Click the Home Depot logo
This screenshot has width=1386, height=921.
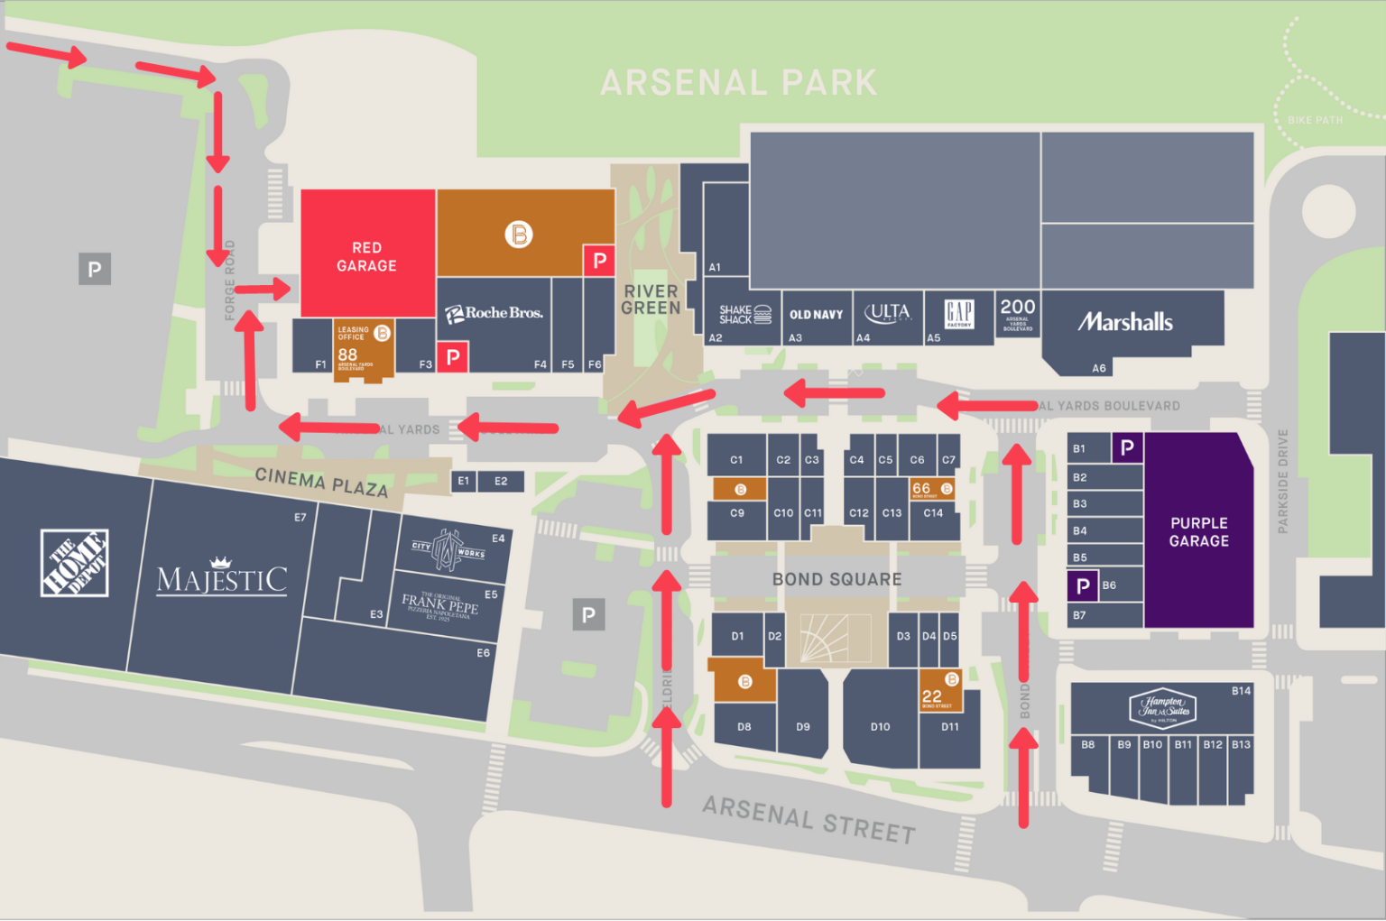pyautogui.click(x=75, y=563)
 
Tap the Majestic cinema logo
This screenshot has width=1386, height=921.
pyautogui.click(x=222, y=577)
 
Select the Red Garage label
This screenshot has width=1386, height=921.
pyautogui.click(x=366, y=256)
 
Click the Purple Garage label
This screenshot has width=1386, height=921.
pyautogui.click(x=1198, y=531)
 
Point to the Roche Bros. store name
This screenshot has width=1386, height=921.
pyautogui.click(x=494, y=313)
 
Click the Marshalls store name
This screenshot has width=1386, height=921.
pyautogui.click(x=1125, y=322)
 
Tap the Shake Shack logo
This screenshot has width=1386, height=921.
pyautogui.click(x=744, y=314)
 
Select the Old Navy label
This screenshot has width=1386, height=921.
pyautogui.click(x=816, y=315)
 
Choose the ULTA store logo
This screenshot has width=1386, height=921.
pyautogui.click(x=887, y=312)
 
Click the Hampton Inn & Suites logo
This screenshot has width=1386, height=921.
pyautogui.click(x=1163, y=707)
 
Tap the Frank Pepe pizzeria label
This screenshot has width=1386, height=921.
pyautogui.click(x=439, y=604)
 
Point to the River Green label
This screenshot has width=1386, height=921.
pyautogui.click(x=651, y=299)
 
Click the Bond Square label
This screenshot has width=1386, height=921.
pyautogui.click(x=836, y=579)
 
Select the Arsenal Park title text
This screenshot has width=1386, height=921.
pyautogui.click(x=738, y=83)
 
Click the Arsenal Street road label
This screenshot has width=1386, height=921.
pyautogui.click(x=808, y=819)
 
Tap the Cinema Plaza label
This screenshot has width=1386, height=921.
pyautogui.click(x=321, y=482)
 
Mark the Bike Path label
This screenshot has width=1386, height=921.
pyautogui.click(x=1315, y=120)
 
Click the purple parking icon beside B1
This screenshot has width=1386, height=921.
pyautogui.click(x=1127, y=447)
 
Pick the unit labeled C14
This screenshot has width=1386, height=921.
pyautogui.click(x=933, y=512)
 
